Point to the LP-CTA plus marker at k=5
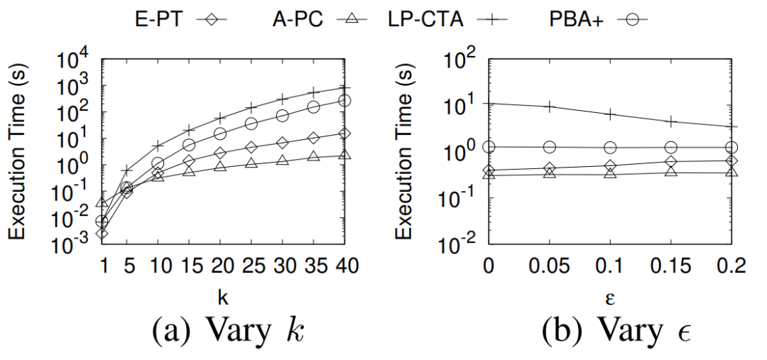[x=127, y=171]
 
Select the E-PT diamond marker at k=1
[x=102, y=233]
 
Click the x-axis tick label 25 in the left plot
[x=251, y=267]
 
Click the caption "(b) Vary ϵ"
[x=610, y=331]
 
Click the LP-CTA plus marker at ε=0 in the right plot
[x=488, y=103]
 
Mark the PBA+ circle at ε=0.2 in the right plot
[x=732, y=148]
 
